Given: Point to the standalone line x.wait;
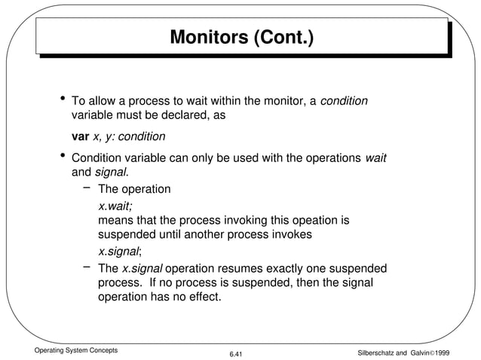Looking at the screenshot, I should pos(115,205).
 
